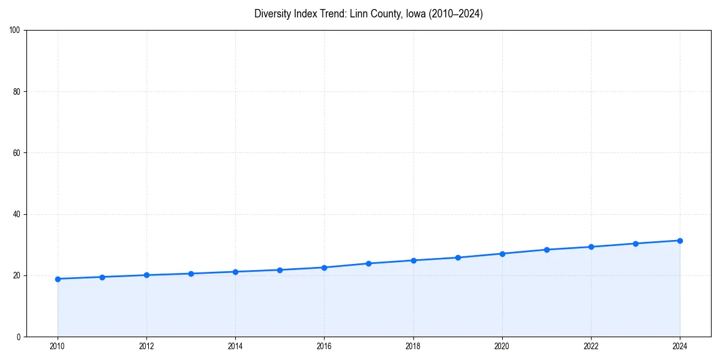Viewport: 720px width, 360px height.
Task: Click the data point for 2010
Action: [x=58, y=279]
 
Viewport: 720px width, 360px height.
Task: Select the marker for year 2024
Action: [x=680, y=241]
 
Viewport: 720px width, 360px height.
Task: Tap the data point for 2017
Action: [x=368, y=263]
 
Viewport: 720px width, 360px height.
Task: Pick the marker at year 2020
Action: [x=502, y=254]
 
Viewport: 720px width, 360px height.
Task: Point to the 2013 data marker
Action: [x=191, y=274]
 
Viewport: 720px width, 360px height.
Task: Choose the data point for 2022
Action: [x=591, y=247]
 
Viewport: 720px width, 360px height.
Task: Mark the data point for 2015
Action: [x=280, y=270]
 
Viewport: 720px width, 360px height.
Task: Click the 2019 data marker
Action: [x=458, y=257]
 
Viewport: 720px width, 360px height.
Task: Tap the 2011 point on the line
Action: [x=102, y=277]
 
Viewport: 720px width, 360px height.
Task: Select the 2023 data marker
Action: [x=635, y=244]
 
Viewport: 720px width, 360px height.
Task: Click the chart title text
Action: [x=368, y=14]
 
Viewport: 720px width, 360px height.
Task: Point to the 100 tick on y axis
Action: [x=16, y=31]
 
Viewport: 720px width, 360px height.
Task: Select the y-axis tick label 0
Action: [x=19, y=337]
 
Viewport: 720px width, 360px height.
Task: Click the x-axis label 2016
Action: [x=324, y=346]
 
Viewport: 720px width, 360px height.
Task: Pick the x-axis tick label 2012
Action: [x=146, y=346]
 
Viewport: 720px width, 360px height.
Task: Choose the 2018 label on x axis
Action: [x=413, y=346]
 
